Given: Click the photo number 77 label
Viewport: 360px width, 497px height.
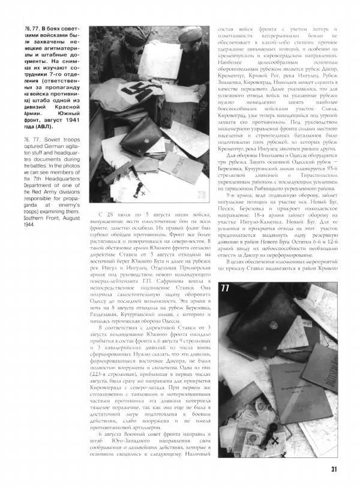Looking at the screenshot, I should tap(226, 288).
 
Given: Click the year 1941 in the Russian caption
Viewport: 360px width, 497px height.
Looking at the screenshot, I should tap(71, 125).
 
